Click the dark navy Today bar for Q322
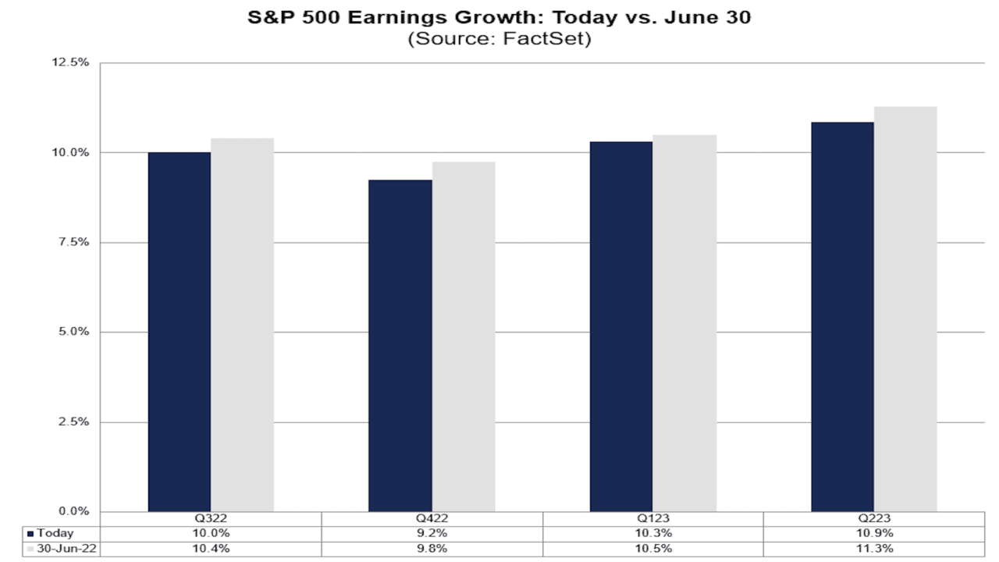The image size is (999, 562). point(179,332)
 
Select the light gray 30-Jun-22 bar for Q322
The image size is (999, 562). point(242,325)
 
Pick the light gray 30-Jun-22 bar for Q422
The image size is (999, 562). point(464,336)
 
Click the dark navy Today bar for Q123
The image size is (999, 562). point(621,326)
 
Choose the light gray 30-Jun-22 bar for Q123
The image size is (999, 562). point(684,323)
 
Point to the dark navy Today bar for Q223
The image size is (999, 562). point(842,317)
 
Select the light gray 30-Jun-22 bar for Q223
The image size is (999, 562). point(905,309)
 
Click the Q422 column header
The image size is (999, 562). point(432,519)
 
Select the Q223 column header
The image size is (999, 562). point(874,519)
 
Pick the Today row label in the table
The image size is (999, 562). point(55,534)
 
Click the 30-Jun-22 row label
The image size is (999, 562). point(61,549)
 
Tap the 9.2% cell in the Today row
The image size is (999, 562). point(432,534)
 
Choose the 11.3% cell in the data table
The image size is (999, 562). point(874,549)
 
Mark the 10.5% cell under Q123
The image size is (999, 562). point(653,549)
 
